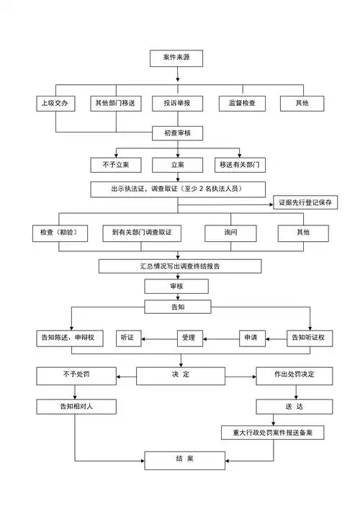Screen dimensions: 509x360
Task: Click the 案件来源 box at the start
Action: [177, 58]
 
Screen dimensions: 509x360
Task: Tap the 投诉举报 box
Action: [177, 104]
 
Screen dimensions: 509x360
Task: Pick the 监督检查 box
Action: [241, 104]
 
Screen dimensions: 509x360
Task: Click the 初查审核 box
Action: [177, 134]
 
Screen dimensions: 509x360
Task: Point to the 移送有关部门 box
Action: [241, 165]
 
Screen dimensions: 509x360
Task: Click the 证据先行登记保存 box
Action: [305, 203]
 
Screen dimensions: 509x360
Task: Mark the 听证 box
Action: [131, 337]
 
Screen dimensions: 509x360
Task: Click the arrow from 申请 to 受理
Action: [228, 337]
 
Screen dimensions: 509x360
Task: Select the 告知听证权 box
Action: [310, 337]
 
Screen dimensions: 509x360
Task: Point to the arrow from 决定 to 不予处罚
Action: [127, 375]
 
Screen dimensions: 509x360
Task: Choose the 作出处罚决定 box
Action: [294, 375]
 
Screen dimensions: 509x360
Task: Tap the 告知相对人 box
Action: [76, 407]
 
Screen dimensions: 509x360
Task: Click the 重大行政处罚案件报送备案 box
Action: [272, 432]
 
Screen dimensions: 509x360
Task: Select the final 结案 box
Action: [179, 459]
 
